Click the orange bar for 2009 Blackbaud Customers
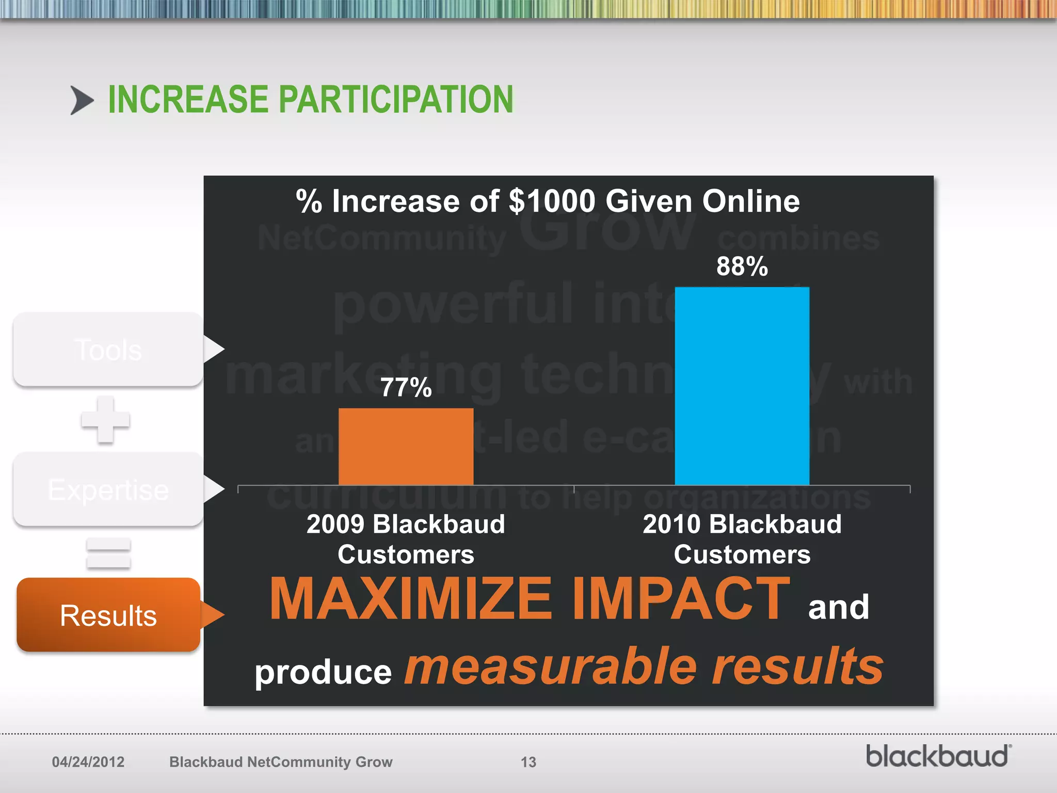[x=406, y=447]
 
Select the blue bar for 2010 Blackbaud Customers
[x=742, y=386]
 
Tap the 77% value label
[x=406, y=387]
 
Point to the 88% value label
[x=742, y=266]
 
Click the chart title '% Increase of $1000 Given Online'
[x=548, y=201]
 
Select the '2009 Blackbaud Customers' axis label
[x=406, y=539]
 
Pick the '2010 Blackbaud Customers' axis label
[x=742, y=539]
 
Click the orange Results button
[x=108, y=615]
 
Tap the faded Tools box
[x=108, y=350]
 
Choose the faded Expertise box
[x=108, y=489]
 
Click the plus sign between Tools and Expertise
[x=105, y=420]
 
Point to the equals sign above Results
[x=108, y=553]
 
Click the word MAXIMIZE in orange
[x=411, y=599]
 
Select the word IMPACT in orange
[x=681, y=599]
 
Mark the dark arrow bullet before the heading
[x=82, y=100]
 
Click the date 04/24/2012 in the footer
[x=88, y=762]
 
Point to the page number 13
[x=528, y=762]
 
